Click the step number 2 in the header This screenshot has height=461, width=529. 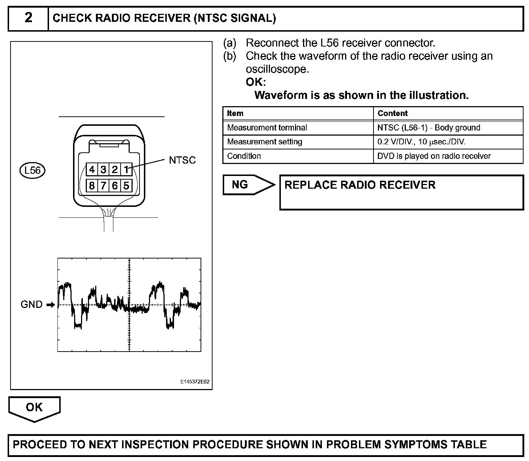pos(28,18)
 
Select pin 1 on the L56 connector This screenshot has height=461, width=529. pos(126,169)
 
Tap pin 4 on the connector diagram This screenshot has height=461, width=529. pos(92,169)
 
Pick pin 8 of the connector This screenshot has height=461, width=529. pos(92,186)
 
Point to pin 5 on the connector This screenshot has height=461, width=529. pos(126,186)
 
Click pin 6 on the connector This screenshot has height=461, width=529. pos(115,186)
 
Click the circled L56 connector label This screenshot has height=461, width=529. pos(32,170)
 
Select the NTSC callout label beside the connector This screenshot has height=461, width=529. pos(182,160)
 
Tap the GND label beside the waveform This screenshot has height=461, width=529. pos(32,304)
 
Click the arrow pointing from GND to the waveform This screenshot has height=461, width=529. pos(51,305)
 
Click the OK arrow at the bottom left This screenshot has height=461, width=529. pos(34,408)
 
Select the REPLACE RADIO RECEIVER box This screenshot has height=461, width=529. pos(401,192)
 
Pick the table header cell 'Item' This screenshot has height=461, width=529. pos(235,113)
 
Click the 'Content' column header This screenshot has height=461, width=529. pos(393,113)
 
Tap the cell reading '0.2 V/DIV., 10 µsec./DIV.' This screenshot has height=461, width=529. pos(421,142)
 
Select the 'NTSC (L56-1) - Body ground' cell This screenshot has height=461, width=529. pos(429,128)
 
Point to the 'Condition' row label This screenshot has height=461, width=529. pos(244,156)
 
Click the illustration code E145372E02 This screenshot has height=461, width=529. pos(195,382)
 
